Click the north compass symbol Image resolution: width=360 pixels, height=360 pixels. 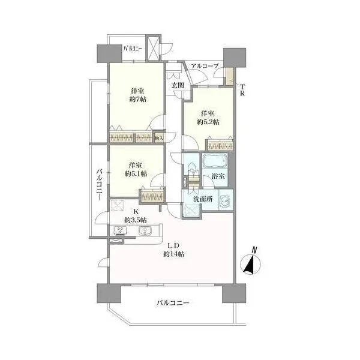250,262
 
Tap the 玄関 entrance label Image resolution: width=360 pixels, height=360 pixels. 178,85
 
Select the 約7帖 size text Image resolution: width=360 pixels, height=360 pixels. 138,100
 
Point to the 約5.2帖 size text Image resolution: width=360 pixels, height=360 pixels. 208,122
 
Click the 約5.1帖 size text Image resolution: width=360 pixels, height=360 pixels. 136,174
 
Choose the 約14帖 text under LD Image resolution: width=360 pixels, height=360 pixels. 173,254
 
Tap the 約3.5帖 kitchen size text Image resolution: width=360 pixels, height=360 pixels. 136,220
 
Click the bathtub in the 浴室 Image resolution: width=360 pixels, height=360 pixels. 215,161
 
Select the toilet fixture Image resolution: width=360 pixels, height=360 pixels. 192,170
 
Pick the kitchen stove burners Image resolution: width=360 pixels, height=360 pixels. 119,231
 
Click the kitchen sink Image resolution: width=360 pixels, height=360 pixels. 145,231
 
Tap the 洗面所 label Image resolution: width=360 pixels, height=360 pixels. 203,199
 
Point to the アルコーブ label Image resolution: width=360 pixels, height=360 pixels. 205,66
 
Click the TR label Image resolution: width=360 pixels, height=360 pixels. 242,90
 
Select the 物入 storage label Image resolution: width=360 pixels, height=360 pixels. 158,138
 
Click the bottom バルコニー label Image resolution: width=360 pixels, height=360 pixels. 173,302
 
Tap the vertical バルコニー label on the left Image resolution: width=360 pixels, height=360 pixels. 99,185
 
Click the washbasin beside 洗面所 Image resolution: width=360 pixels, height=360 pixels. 225,202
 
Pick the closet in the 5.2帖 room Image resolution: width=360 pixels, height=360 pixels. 220,145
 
